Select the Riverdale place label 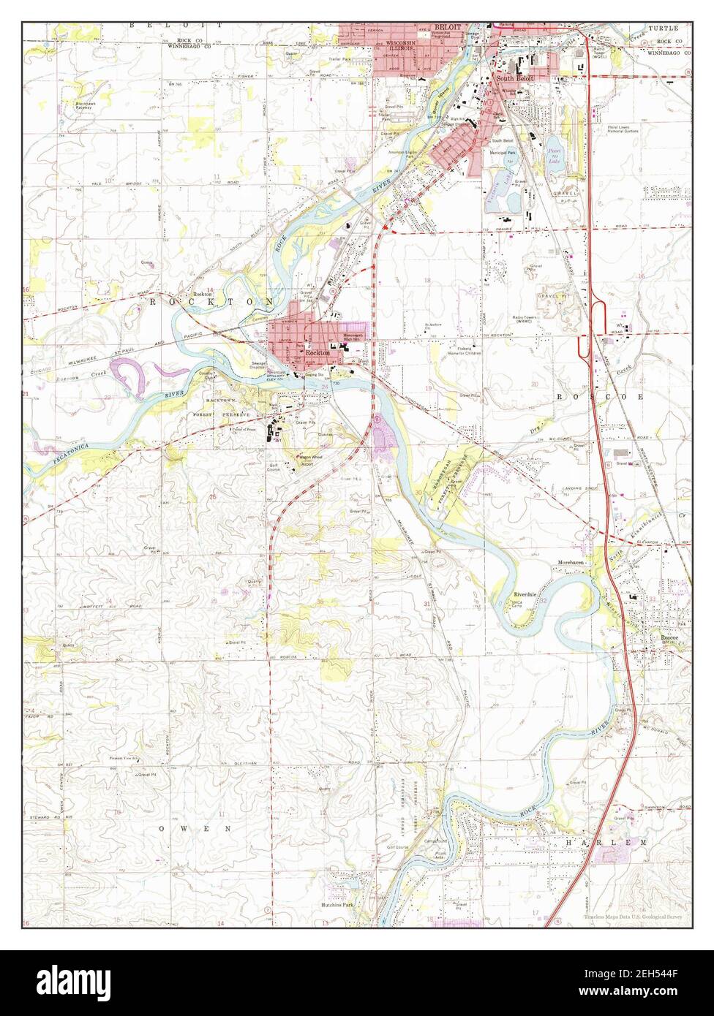pyautogui.click(x=525, y=594)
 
